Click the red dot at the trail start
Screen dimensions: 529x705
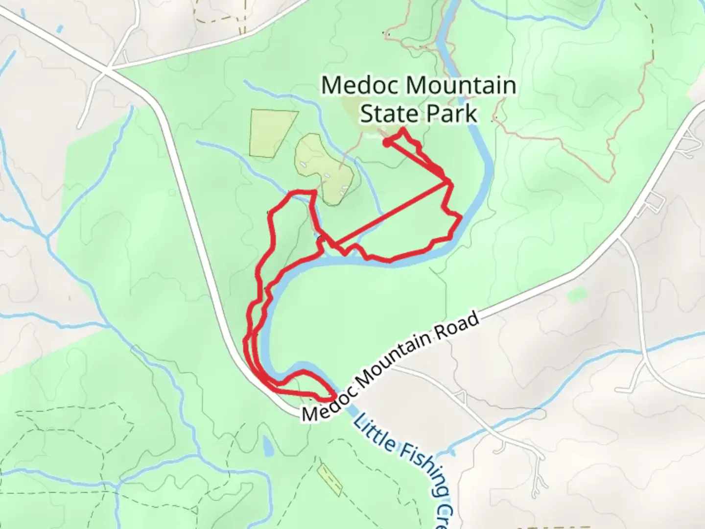(386, 143)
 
